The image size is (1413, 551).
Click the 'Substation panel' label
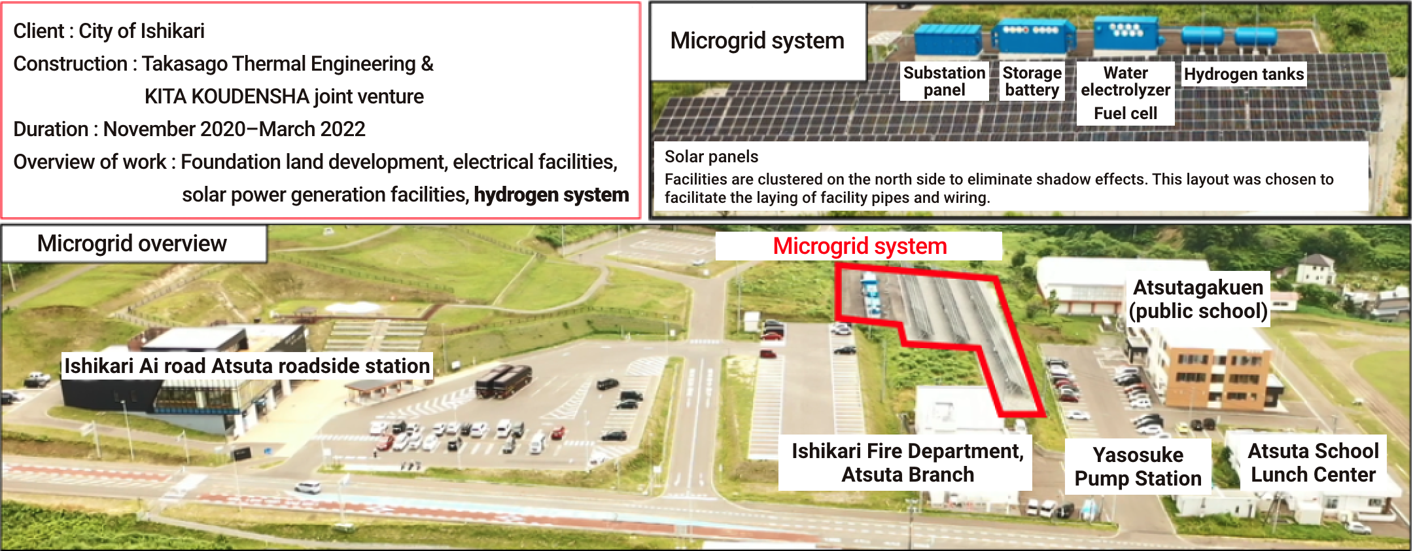point(944,81)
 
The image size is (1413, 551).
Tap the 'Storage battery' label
point(1032,81)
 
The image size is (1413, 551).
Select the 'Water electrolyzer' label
point(1125,81)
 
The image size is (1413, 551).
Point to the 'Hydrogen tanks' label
point(1244,74)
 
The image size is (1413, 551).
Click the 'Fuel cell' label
point(1125,113)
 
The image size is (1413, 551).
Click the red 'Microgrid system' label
point(859,246)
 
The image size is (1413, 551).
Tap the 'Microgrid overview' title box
point(133,243)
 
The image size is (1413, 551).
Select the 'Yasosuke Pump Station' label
point(1138,467)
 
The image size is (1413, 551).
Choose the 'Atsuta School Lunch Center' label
point(1313,463)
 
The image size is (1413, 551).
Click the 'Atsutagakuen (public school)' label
point(1198,299)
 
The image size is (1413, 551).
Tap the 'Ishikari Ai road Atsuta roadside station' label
point(247,366)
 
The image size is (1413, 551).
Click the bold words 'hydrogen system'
point(551,194)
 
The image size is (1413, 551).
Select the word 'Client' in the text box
point(39,31)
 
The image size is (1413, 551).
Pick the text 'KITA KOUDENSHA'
point(226,96)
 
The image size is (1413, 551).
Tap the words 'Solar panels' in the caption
point(711,156)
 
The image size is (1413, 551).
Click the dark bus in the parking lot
point(503,381)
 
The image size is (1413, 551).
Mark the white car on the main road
point(308,487)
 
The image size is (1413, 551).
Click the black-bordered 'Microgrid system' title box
point(758,41)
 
